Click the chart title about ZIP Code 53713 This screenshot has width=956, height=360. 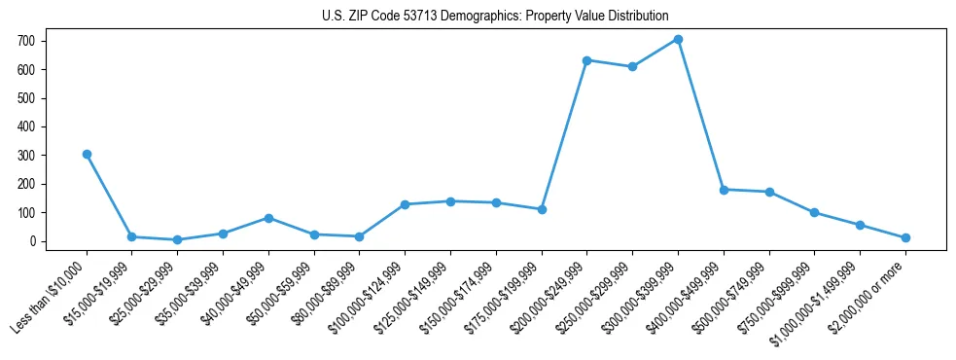495,16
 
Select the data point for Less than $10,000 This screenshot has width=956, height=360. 87,154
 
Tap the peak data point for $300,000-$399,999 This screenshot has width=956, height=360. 678,39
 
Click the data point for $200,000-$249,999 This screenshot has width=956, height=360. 586,60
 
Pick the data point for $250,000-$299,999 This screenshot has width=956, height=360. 632,67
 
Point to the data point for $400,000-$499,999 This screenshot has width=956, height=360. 724,190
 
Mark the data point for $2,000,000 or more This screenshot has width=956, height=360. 905,237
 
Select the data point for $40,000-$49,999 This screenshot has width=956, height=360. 268,218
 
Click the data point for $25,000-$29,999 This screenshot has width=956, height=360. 177,239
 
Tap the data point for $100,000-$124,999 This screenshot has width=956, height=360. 405,204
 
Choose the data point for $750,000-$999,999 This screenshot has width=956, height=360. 814,212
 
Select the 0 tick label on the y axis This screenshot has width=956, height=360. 32,241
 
